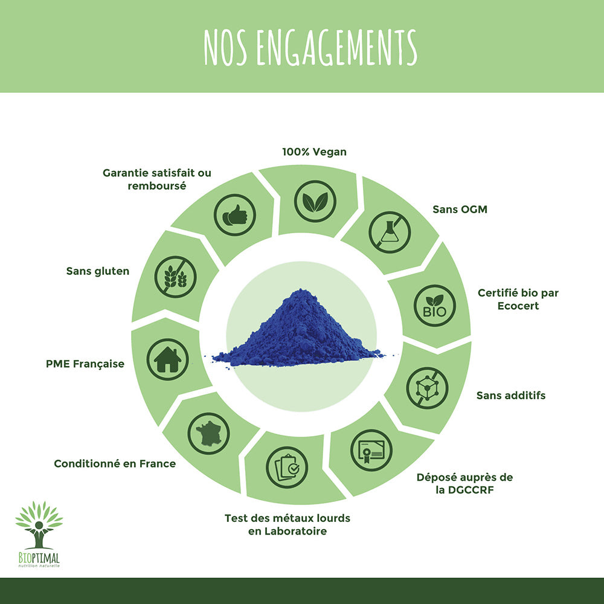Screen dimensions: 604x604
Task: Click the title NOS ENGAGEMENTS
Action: click(x=310, y=47)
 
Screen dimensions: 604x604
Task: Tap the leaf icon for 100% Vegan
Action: click(x=315, y=201)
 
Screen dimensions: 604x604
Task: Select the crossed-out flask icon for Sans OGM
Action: click(x=390, y=232)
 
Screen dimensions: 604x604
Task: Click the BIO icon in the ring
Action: click(x=434, y=306)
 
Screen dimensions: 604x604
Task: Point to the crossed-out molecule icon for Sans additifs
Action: click(x=427, y=388)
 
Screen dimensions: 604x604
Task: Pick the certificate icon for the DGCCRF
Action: click(x=371, y=450)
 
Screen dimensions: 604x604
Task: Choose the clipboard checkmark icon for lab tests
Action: click(x=287, y=467)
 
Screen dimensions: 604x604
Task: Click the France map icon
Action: click(x=208, y=433)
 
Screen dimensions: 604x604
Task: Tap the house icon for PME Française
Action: click(x=167, y=359)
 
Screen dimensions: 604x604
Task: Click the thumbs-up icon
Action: click(x=235, y=215)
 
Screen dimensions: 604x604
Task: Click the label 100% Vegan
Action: click(x=314, y=152)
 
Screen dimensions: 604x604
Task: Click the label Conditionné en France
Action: click(x=115, y=464)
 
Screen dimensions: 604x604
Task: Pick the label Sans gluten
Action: click(x=98, y=271)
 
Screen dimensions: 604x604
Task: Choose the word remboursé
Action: click(x=156, y=186)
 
